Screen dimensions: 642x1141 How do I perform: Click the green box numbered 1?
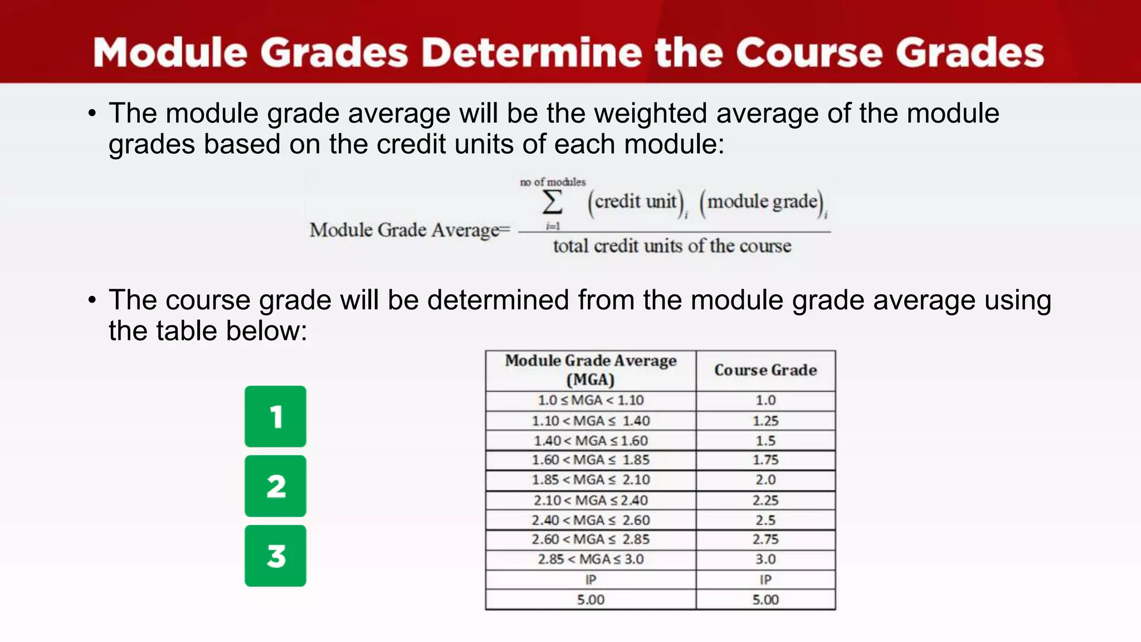275,416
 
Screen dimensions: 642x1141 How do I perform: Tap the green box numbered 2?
275,486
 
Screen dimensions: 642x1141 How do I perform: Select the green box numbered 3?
275,556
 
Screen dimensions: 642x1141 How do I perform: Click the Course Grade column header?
765,370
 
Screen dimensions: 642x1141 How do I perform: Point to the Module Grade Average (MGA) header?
591,370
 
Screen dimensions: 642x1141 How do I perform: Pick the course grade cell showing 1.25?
765,421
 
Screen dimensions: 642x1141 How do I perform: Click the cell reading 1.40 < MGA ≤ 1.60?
591,441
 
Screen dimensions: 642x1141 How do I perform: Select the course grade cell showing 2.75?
765,539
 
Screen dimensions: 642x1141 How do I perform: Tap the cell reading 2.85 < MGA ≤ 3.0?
591,560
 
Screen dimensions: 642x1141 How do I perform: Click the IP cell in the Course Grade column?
765,580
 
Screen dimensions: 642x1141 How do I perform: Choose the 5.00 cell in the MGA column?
591,600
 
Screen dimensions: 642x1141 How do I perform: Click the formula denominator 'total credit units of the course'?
672,246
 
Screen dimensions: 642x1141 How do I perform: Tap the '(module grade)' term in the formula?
762,202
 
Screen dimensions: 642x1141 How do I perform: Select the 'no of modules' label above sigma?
553,182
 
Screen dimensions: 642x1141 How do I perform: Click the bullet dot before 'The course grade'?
92,300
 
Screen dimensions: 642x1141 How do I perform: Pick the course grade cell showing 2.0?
765,480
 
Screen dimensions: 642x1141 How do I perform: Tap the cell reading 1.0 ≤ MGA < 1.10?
591,400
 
